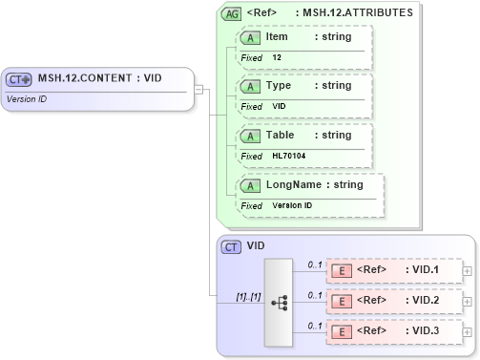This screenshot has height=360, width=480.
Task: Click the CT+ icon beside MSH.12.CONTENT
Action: point(19,79)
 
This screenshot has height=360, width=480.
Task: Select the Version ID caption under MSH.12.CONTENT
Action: point(27,98)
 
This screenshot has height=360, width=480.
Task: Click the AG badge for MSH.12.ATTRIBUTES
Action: point(231,14)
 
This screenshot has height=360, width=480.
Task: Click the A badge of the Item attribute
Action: point(250,37)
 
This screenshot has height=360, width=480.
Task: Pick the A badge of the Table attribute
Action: point(250,136)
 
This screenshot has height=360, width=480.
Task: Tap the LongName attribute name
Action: point(296,185)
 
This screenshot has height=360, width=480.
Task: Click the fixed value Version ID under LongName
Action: point(292,205)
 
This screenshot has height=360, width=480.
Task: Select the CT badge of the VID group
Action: point(231,246)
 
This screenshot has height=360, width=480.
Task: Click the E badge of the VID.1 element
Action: point(342,271)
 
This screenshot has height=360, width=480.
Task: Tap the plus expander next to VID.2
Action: point(467,303)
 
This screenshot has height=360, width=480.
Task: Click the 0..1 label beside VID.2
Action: point(314,296)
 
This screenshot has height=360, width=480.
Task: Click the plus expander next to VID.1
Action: point(467,271)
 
